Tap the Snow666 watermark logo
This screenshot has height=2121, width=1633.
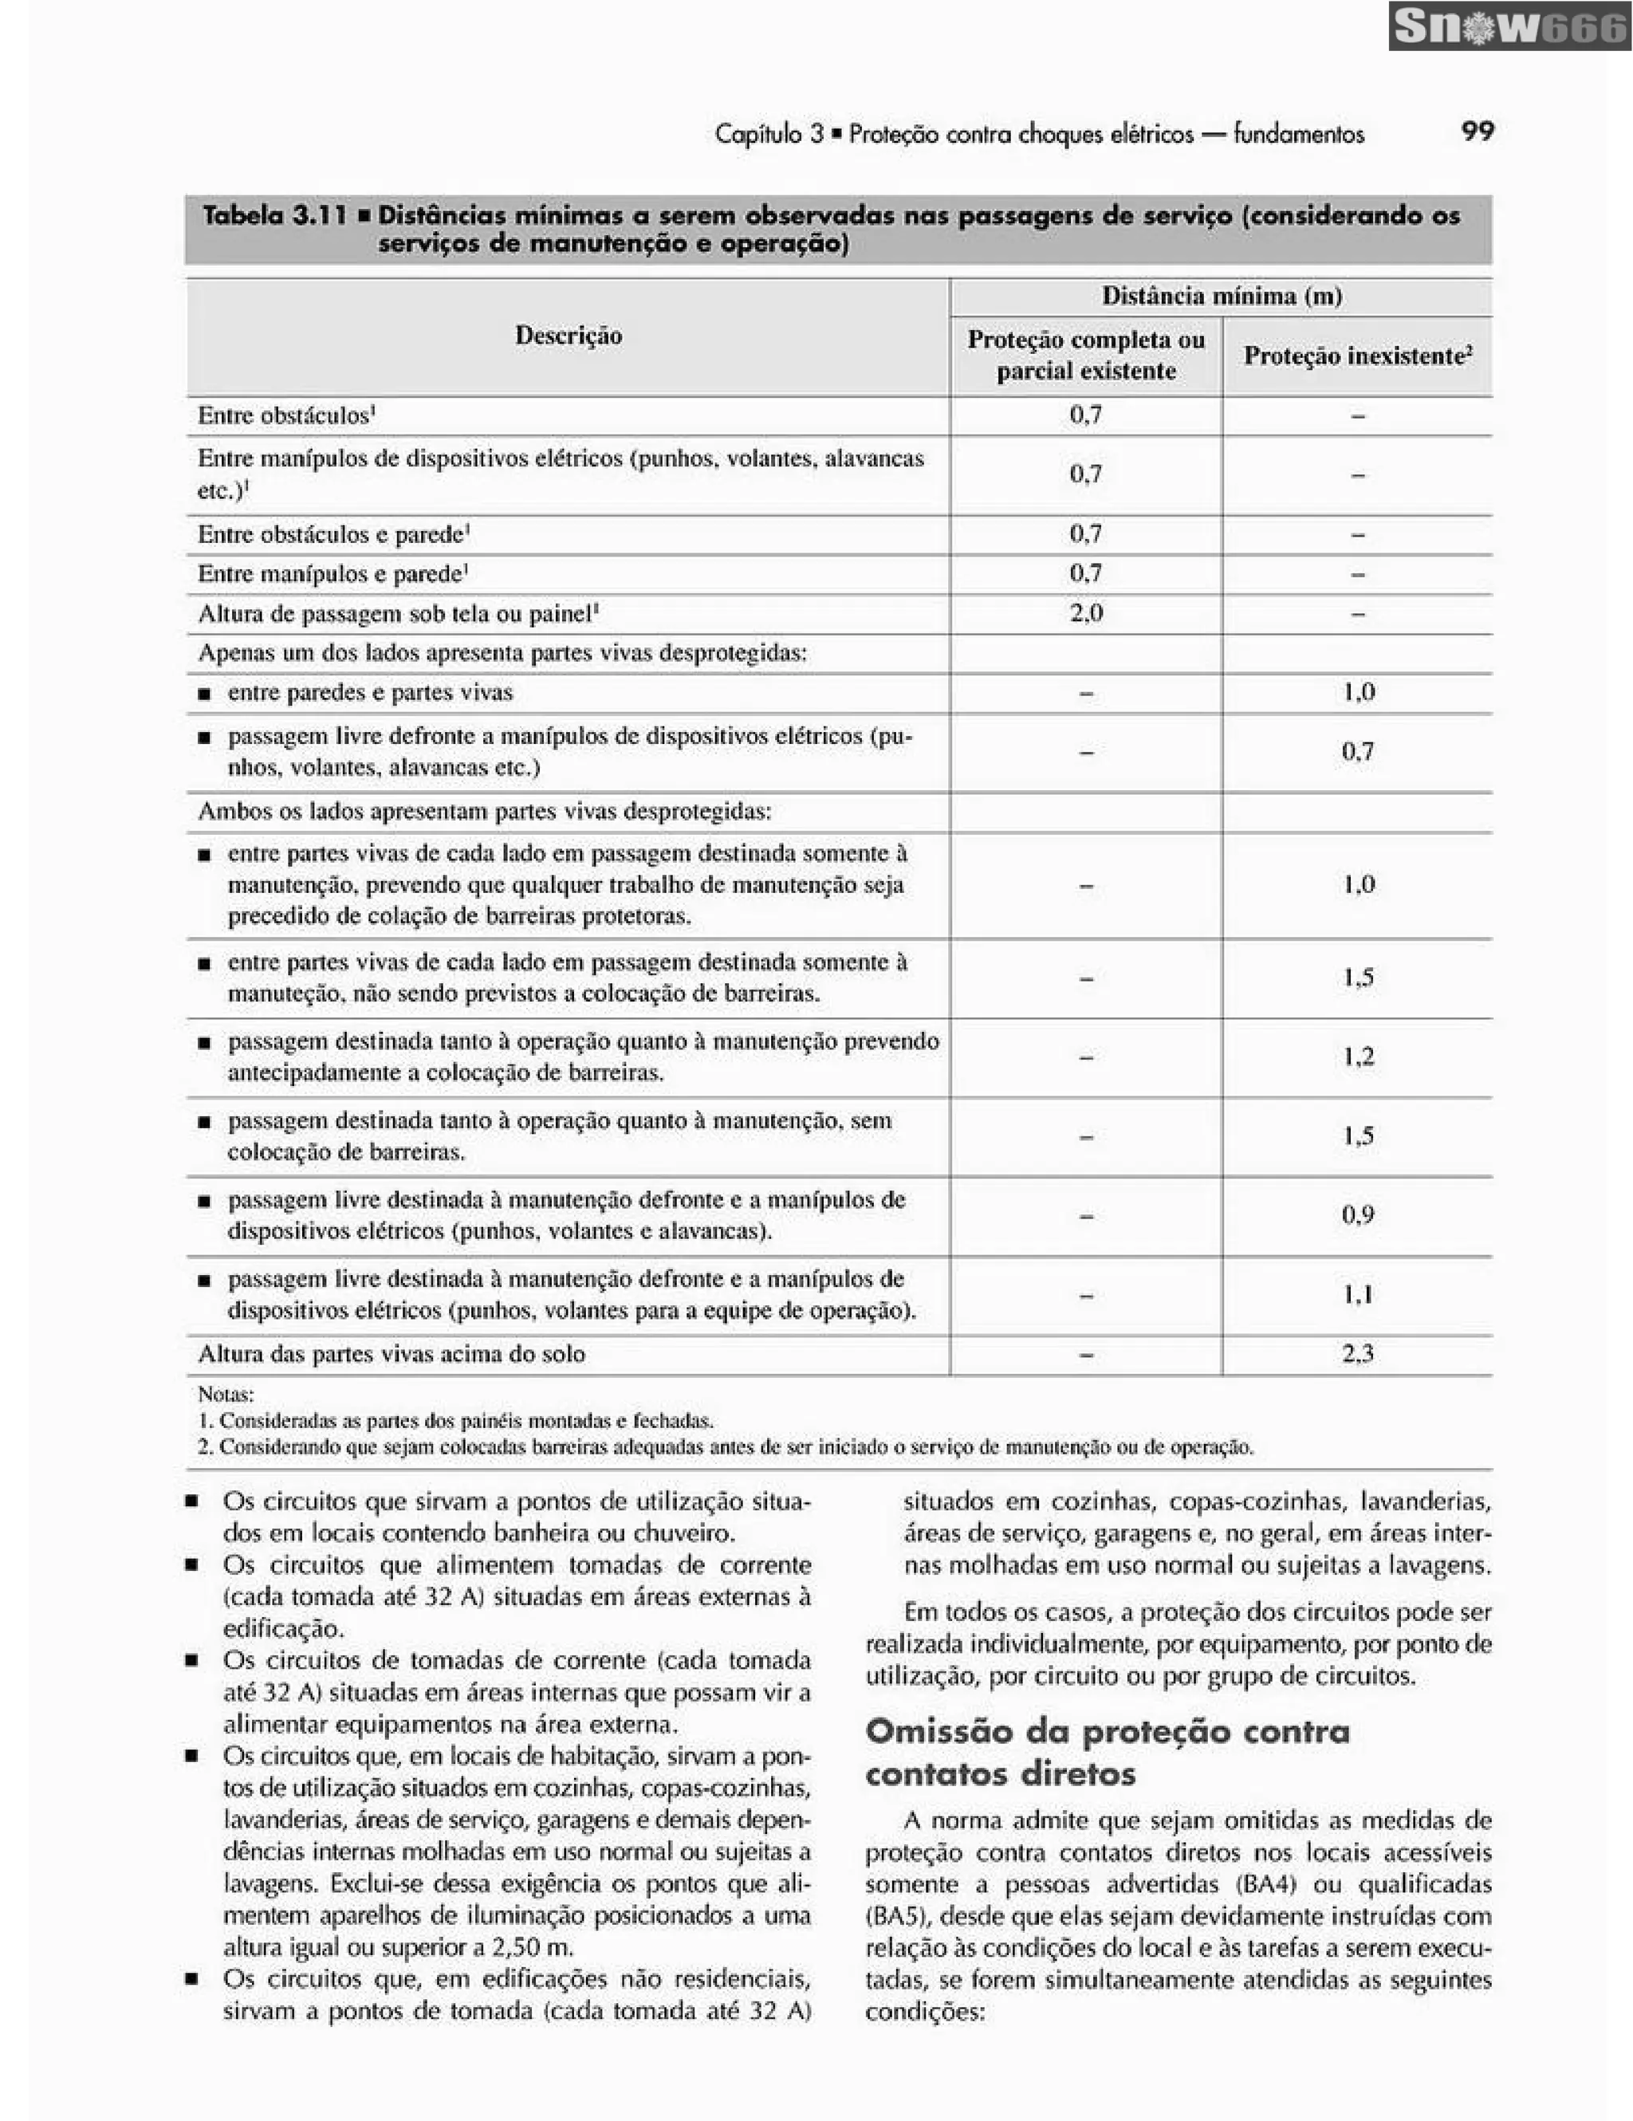pos(1509,27)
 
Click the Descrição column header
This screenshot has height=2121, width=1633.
pos(568,336)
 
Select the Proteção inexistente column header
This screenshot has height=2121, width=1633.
pos(1357,356)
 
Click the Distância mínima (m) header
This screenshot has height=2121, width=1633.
pos(1222,296)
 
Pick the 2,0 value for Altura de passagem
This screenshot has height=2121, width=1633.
pos(1085,614)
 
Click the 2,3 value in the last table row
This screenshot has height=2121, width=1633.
pos(1357,1354)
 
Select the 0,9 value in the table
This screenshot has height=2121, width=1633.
pos(1357,1215)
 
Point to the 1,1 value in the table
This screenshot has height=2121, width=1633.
pos(1357,1295)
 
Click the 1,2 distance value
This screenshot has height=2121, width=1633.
pos(1357,1057)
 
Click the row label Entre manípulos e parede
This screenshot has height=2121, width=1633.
pos(331,574)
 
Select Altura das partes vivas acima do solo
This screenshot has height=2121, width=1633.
pos(392,1354)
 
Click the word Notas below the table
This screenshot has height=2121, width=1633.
pos(225,1395)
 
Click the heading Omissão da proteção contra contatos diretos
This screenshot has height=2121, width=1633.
pos(1107,1752)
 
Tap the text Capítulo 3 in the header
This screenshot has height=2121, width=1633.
pos(769,134)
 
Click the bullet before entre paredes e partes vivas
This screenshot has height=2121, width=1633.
pos(204,694)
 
